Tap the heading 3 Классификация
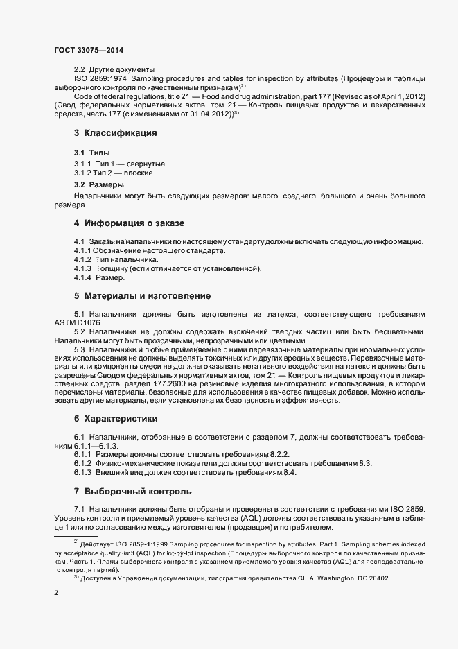tap(115, 132)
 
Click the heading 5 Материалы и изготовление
tap(142, 295)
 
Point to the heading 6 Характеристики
tap(116, 419)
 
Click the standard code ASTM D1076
tap(78, 322)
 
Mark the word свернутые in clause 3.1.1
tap(146, 163)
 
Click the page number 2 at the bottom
tap(56, 594)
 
